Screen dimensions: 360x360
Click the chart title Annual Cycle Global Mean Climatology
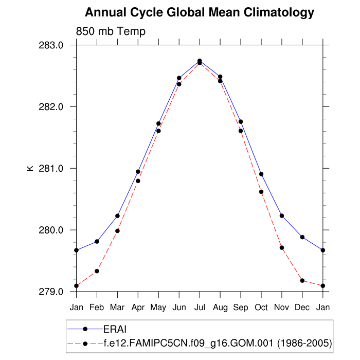[199, 12]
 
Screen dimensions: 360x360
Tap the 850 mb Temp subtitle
[111, 31]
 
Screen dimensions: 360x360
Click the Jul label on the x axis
[200, 307]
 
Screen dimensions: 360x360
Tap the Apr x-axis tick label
[138, 307]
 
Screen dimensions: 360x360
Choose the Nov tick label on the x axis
[282, 307]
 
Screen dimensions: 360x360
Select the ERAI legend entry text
[116, 329]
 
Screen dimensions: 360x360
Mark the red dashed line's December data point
[302, 280]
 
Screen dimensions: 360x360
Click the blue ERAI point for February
[97, 241]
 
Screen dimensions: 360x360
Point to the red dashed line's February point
[97, 271]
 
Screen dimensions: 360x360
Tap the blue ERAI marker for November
[282, 215]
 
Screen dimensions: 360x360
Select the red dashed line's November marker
[282, 248]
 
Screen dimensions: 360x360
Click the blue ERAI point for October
[261, 174]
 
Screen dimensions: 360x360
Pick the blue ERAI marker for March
[117, 216]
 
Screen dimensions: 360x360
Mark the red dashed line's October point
[261, 192]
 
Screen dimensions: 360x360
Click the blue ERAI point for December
[302, 237]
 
